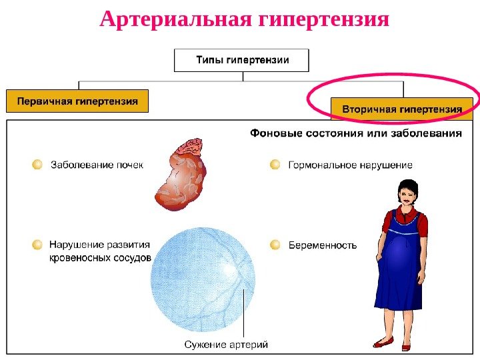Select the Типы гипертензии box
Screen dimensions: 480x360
(242, 60)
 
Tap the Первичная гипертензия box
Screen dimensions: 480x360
(77, 102)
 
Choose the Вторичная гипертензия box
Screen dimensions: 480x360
(401, 108)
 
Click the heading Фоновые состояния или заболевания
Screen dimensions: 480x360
(355, 133)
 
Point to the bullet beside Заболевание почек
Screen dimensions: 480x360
(37, 164)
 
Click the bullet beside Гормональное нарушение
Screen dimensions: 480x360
(275, 164)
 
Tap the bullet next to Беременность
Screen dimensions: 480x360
(275, 245)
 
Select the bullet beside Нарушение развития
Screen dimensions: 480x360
(37, 245)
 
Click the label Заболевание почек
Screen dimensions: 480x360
(97, 165)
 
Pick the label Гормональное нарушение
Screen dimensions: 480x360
(350, 165)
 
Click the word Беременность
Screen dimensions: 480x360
(323, 245)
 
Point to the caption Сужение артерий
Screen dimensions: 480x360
(225, 345)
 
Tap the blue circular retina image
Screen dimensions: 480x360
(203, 280)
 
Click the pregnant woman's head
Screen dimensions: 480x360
(407, 192)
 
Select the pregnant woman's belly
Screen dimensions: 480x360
(400, 250)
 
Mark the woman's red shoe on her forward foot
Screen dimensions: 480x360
(383, 343)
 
